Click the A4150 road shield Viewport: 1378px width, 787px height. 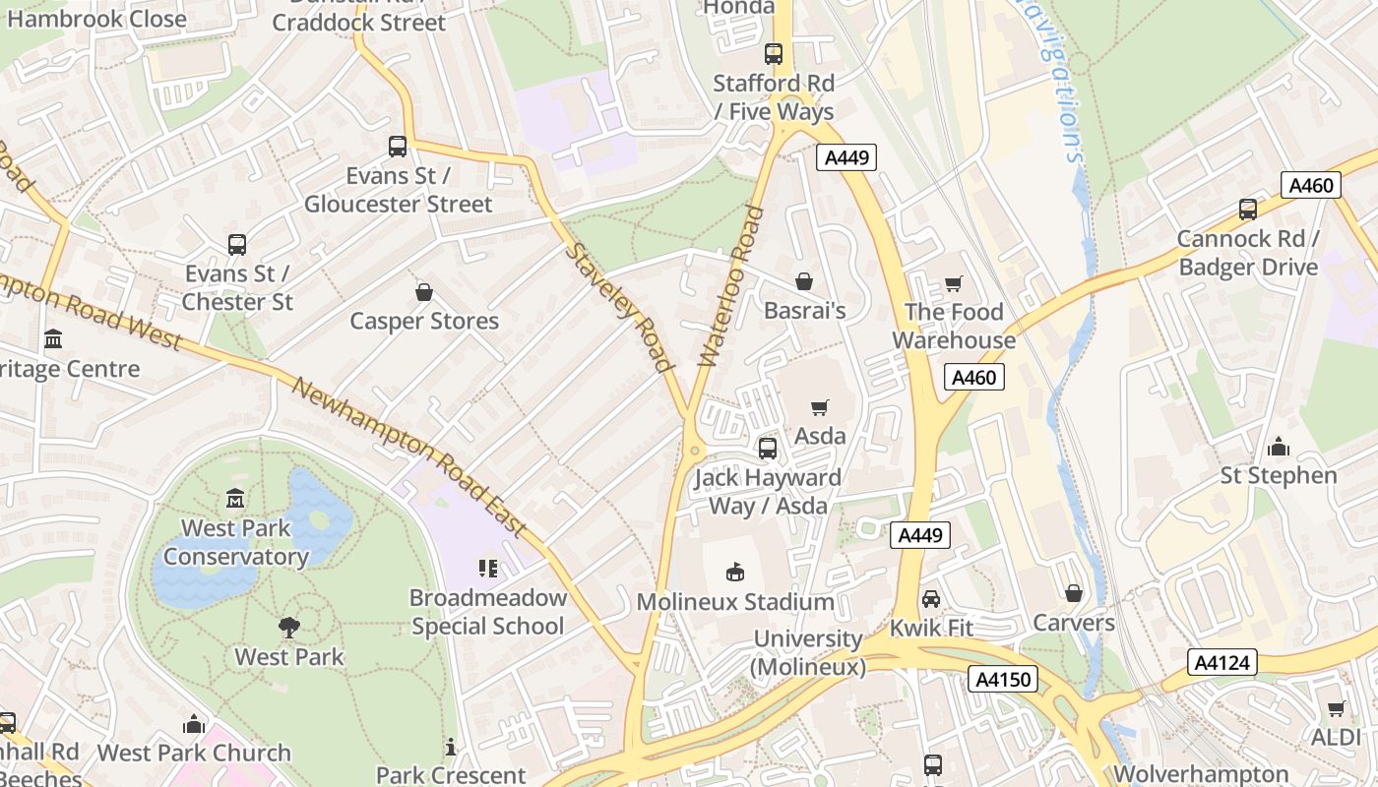[1002, 679]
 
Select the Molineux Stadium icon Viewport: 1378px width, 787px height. [734, 572]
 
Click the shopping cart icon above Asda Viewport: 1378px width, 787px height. [819, 407]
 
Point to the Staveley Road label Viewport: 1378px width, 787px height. [620, 307]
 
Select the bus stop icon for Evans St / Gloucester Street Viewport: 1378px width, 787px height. [398, 147]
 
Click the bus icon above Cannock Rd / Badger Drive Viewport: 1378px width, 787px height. [1247, 210]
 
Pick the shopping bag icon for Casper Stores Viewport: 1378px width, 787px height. [424, 292]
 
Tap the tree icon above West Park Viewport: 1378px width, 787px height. [288, 627]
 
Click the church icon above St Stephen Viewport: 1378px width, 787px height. [1279, 447]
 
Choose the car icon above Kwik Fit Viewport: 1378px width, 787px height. [930, 598]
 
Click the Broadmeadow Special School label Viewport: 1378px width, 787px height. [488, 612]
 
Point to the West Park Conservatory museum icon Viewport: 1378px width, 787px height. [235, 499]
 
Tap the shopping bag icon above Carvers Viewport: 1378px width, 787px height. [1073, 593]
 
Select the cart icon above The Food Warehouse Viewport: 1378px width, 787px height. [953, 283]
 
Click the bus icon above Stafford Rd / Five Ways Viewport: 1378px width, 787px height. [774, 54]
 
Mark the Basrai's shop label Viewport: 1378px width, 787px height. [804, 311]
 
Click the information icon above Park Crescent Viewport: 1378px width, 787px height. [451, 747]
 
